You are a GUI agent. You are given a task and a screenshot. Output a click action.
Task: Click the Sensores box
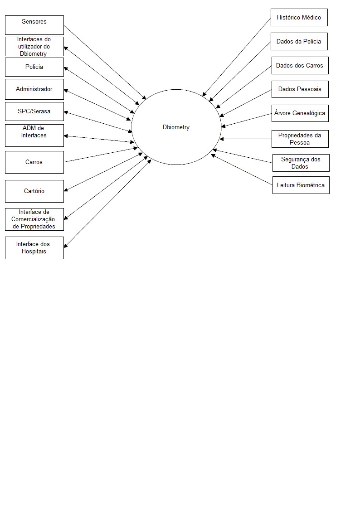tap(34, 25)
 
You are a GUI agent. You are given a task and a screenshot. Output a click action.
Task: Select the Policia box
tap(34, 67)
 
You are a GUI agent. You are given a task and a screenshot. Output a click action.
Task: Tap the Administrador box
tap(34, 89)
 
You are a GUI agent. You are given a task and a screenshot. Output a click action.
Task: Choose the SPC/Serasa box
tap(34, 111)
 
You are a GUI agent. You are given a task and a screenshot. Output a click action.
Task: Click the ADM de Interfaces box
tap(34, 135)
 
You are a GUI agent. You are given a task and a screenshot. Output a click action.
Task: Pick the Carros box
tap(34, 162)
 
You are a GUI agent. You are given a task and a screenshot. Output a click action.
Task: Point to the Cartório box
tap(34, 191)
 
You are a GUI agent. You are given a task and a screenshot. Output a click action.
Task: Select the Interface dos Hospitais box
tap(34, 248)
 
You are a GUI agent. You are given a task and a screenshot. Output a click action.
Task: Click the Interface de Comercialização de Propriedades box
tap(34, 219)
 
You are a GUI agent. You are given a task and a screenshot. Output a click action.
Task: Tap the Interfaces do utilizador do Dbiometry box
tap(34, 47)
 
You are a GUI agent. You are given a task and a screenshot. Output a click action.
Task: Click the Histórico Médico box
tap(299, 18)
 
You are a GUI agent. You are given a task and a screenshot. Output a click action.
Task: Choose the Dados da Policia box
tap(299, 41)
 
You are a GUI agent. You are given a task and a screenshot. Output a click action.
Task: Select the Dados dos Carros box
tap(300, 66)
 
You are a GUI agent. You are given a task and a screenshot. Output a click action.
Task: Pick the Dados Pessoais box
tap(300, 89)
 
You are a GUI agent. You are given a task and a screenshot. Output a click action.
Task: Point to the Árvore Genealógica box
tap(300, 113)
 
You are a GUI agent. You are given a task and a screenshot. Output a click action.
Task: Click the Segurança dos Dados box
tap(301, 163)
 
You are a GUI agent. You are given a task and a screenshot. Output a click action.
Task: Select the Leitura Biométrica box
tap(301, 185)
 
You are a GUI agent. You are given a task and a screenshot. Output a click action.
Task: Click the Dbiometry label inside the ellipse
tap(176, 127)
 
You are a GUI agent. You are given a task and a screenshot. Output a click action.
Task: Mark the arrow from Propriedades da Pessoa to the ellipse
tap(246, 139)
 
